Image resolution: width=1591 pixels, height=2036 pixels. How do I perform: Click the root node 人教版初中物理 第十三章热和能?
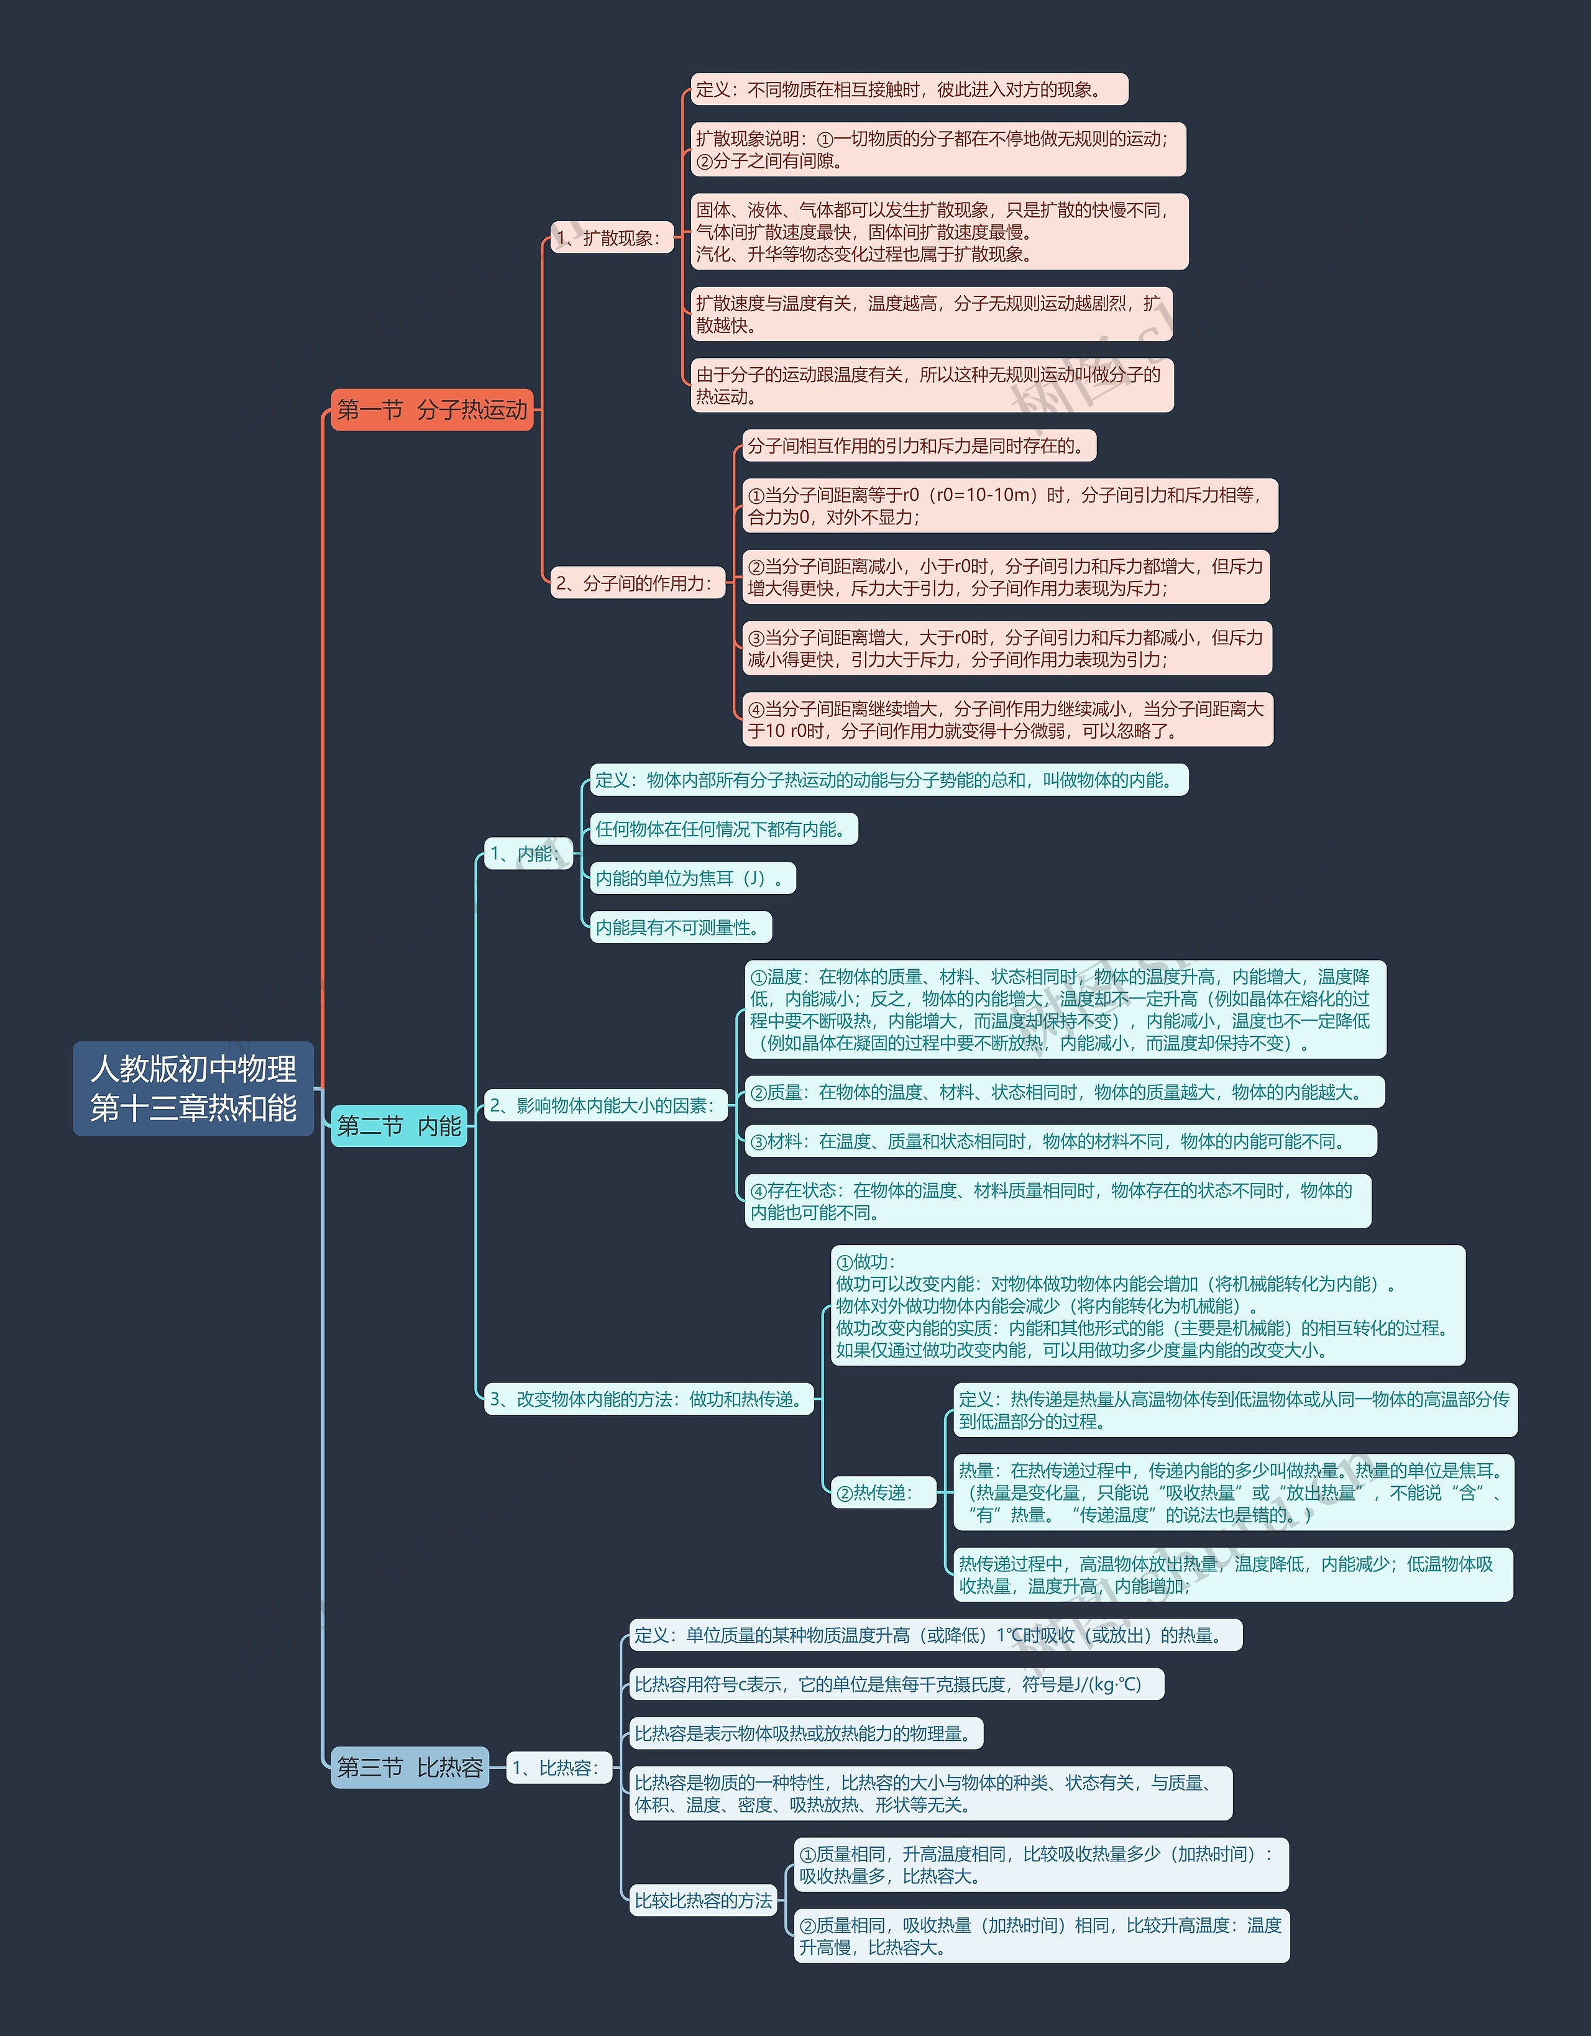[x=193, y=1088]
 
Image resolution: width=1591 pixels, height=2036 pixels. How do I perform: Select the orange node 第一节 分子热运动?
[x=432, y=409]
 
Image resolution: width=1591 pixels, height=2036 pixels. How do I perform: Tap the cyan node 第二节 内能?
[x=398, y=1126]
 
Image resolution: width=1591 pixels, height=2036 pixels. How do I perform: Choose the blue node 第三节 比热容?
[x=410, y=1768]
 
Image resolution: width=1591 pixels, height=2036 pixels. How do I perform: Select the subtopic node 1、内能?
[x=526, y=854]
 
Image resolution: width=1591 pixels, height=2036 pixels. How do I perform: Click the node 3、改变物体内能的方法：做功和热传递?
[x=648, y=1399]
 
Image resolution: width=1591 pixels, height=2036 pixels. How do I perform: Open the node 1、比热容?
[x=557, y=1768]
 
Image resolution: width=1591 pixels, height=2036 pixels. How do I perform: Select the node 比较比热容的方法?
[x=703, y=1901]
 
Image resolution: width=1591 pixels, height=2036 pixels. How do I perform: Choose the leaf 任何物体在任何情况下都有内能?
[x=723, y=829]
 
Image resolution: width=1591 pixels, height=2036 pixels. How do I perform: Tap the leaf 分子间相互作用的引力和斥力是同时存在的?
[x=919, y=445]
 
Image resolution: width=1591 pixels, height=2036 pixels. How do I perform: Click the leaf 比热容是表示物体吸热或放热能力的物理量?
[x=806, y=1733]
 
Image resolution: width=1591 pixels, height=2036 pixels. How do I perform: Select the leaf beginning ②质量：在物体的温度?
[x=1064, y=1092]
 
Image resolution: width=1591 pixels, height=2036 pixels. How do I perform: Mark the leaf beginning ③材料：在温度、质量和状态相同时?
[x=1060, y=1141]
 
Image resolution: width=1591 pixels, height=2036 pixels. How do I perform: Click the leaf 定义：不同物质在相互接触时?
[x=909, y=89]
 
